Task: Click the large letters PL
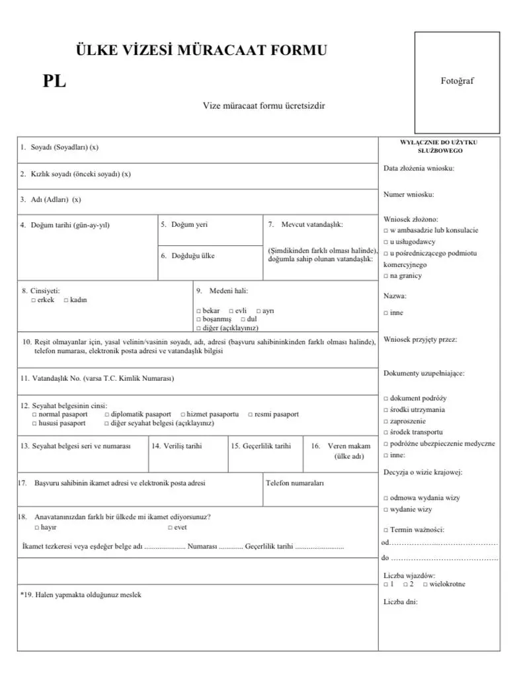(x=54, y=83)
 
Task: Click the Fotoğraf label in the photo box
(x=458, y=81)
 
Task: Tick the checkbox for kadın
(x=66, y=300)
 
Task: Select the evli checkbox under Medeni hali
(x=231, y=311)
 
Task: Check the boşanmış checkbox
(x=198, y=319)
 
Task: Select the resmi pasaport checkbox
(x=250, y=415)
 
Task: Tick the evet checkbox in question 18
(x=170, y=528)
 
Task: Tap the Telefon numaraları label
(x=294, y=483)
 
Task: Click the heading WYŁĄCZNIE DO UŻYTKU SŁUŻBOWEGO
(x=440, y=146)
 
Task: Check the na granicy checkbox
(x=386, y=276)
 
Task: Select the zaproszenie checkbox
(x=386, y=421)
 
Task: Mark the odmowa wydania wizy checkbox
(x=386, y=498)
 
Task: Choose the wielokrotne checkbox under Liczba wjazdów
(x=424, y=584)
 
